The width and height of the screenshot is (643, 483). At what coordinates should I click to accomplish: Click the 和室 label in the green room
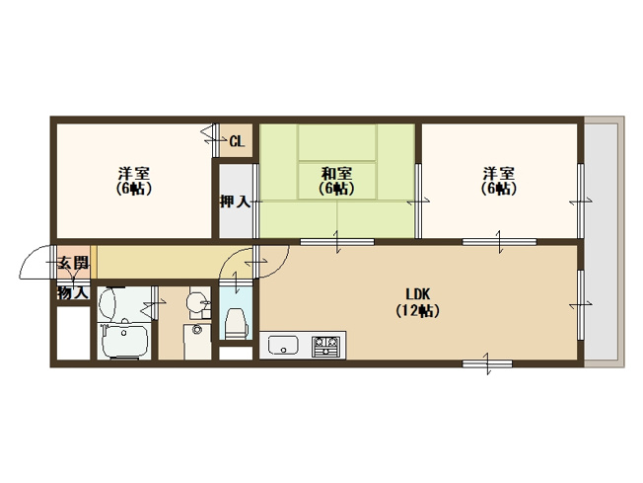pyautogui.click(x=336, y=173)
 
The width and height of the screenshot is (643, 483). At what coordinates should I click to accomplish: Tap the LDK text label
pyautogui.click(x=417, y=294)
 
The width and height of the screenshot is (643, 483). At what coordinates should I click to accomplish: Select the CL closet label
pyautogui.click(x=237, y=141)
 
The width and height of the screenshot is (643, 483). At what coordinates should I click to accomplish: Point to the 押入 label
pyautogui.click(x=235, y=201)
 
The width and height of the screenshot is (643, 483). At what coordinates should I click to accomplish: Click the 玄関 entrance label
pyautogui.click(x=73, y=263)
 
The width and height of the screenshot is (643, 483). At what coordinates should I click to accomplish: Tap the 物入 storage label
pyautogui.click(x=73, y=292)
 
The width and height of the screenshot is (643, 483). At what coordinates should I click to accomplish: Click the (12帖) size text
pyautogui.click(x=417, y=310)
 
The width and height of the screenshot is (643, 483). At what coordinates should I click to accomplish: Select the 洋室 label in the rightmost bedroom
pyautogui.click(x=498, y=173)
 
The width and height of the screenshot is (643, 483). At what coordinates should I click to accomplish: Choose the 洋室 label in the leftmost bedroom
pyautogui.click(x=134, y=173)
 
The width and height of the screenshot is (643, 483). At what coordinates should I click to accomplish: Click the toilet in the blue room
pyautogui.click(x=236, y=324)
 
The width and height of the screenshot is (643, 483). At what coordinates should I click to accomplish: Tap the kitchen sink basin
pyautogui.click(x=283, y=345)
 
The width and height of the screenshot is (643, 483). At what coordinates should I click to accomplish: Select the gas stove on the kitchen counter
pyautogui.click(x=326, y=347)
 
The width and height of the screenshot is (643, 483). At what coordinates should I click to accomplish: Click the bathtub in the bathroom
pyautogui.click(x=125, y=341)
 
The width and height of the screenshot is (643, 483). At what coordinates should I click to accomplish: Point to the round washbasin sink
pyautogui.click(x=196, y=302)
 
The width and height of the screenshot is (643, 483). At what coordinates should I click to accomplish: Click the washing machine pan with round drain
pyautogui.click(x=197, y=342)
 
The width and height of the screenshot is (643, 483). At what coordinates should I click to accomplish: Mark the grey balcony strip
pyautogui.click(x=601, y=242)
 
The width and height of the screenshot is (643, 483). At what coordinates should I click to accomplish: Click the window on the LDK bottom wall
pyautogui.click(x=487, y=363)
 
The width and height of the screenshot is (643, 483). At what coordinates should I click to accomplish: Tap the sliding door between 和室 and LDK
pyautogui.click(x=337, y=242)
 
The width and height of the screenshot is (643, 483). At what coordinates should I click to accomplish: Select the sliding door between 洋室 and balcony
pyautogui.click(x=581, y=201)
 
